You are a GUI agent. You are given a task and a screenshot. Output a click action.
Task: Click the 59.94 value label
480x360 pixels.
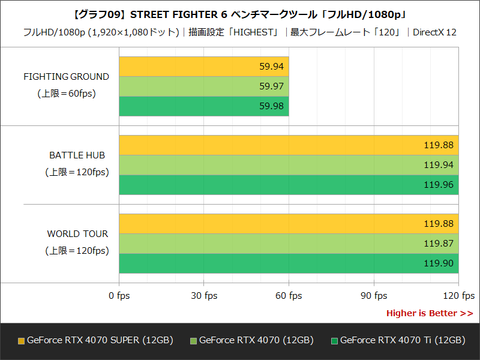pos(271,67)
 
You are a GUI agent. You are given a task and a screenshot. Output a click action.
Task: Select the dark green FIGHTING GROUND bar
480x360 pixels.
pos(204,106)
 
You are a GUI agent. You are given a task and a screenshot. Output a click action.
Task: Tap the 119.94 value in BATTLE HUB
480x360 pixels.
pos(439,165)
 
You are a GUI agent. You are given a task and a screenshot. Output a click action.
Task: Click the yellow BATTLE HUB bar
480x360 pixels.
pos(288,145)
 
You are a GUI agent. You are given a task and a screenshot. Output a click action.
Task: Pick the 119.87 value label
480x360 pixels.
pos(439,244)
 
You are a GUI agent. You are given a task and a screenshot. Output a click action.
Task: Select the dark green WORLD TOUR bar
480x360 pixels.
pos(288,263)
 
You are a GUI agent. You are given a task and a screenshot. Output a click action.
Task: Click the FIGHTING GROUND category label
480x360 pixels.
pos(66,77)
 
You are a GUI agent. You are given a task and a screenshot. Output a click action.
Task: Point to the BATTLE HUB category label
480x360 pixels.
pos(77,155)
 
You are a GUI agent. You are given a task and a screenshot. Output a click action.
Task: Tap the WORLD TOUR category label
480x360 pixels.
pos(77,234)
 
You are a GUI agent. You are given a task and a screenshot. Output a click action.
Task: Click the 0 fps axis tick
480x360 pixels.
pos(119,296)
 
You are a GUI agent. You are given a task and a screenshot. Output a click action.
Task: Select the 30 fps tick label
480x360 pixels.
pos(204,296)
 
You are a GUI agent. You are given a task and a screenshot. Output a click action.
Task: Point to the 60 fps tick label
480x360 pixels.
pos(289,296)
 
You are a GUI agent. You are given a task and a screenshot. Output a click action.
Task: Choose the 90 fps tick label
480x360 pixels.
pos(374,296)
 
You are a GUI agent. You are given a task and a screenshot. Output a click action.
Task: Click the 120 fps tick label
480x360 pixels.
pos(458,296)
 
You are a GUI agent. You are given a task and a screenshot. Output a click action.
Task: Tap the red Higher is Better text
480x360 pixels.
pos(429,313)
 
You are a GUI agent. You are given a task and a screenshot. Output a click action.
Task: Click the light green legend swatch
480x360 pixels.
pos(193,341)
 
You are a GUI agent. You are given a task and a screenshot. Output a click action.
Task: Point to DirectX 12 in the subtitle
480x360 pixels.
pos(434,32)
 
